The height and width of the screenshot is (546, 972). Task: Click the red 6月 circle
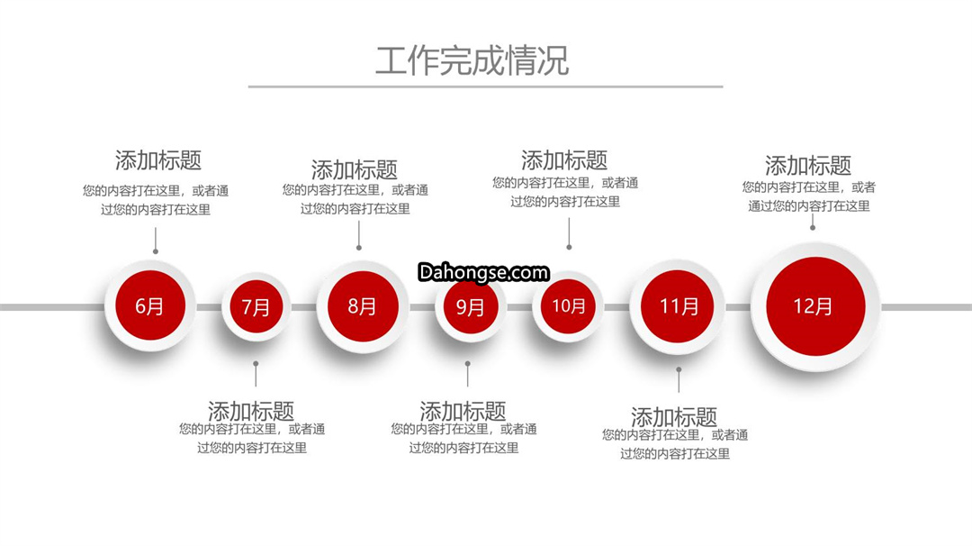click(150, 305)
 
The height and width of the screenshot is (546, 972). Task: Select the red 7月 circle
click(256, 306)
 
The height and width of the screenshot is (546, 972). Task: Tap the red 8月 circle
click(363, 306)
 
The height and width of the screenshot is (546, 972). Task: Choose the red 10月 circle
click(569, 305)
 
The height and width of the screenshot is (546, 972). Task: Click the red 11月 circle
click(678, 306)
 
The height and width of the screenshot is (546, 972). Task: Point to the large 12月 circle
click(815, 306)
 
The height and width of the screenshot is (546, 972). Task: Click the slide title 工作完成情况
click(472, 60)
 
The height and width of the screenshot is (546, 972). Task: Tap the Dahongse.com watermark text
click(483, 272)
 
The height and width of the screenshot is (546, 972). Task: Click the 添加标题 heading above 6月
click(158, 160)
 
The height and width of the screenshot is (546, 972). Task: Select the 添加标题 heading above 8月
click(354, 169)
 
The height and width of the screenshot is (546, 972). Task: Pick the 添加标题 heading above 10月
click(564, 160)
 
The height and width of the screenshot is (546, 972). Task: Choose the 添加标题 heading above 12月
click(807, 166)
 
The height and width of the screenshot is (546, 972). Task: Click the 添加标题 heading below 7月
click(251, 411)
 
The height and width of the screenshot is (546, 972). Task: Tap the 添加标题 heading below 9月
click(463, 411)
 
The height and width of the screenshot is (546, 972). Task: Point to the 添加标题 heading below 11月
click(674, 416)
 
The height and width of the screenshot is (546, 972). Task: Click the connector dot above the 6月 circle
click(156, 251)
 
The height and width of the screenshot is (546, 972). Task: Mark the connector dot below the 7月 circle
click(256, 364)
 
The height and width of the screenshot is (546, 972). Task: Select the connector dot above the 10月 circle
click(569, 247)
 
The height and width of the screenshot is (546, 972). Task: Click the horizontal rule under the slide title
click(485, 86)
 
